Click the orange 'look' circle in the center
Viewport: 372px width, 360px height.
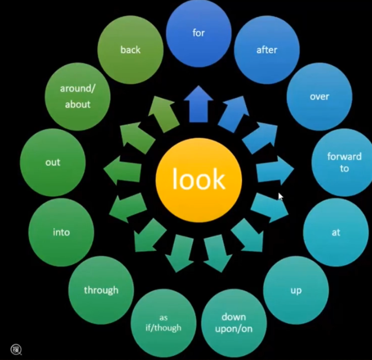[198, 180]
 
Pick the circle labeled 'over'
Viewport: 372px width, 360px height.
[319, 96]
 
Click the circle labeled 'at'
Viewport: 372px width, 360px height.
[336, 232]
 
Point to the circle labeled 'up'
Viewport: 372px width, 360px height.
[296, 291]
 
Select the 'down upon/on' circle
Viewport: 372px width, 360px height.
[233, 323]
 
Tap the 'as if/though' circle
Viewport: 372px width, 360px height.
[163, 322]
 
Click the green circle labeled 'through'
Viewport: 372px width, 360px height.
[101, 291]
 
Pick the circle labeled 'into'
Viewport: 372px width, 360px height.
[61, 232]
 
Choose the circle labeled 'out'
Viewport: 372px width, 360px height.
[52, 163]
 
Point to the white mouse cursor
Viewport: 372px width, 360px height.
[280, 196]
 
